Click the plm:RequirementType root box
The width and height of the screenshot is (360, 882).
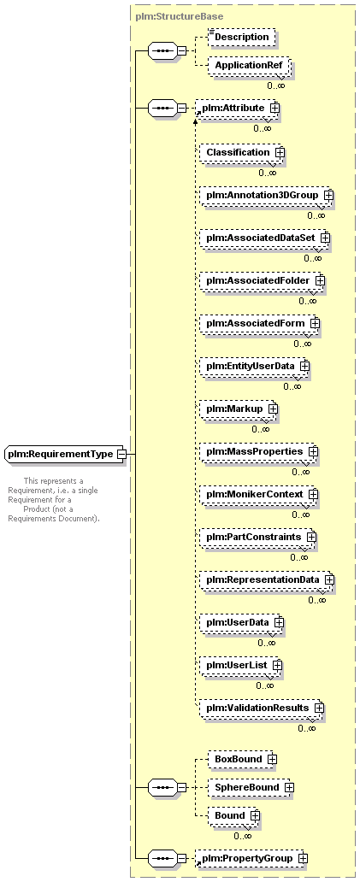click(65, 454)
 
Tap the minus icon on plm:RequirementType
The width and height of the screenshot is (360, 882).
click(121, 454)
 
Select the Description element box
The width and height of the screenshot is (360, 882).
click(242, 37)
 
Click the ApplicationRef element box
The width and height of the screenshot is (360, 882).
click(248, 66)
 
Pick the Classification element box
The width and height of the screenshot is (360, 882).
click(241, 152)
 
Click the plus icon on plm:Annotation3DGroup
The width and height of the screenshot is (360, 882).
click(328, 195)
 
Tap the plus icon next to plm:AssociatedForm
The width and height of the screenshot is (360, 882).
click(315, 323)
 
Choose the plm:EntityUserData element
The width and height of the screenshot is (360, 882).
click(254, 366)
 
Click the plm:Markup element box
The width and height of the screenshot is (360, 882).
click(239, 409)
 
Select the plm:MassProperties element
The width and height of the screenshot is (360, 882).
click(259, 452)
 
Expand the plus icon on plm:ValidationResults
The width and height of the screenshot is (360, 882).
click(320, 708)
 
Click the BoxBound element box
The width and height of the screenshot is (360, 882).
click(243, 760)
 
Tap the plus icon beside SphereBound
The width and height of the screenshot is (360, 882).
click(289, 787)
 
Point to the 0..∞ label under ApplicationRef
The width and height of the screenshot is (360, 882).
click(275, 85)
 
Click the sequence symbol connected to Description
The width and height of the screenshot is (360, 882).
click(163, 51)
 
